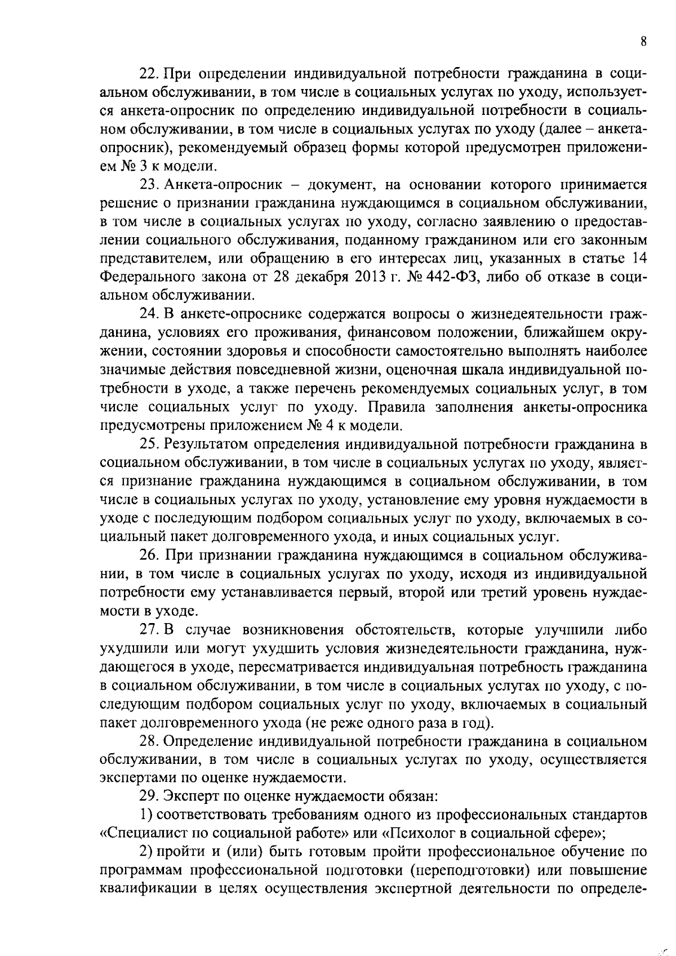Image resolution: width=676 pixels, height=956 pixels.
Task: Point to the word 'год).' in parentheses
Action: [x=474, y=722]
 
